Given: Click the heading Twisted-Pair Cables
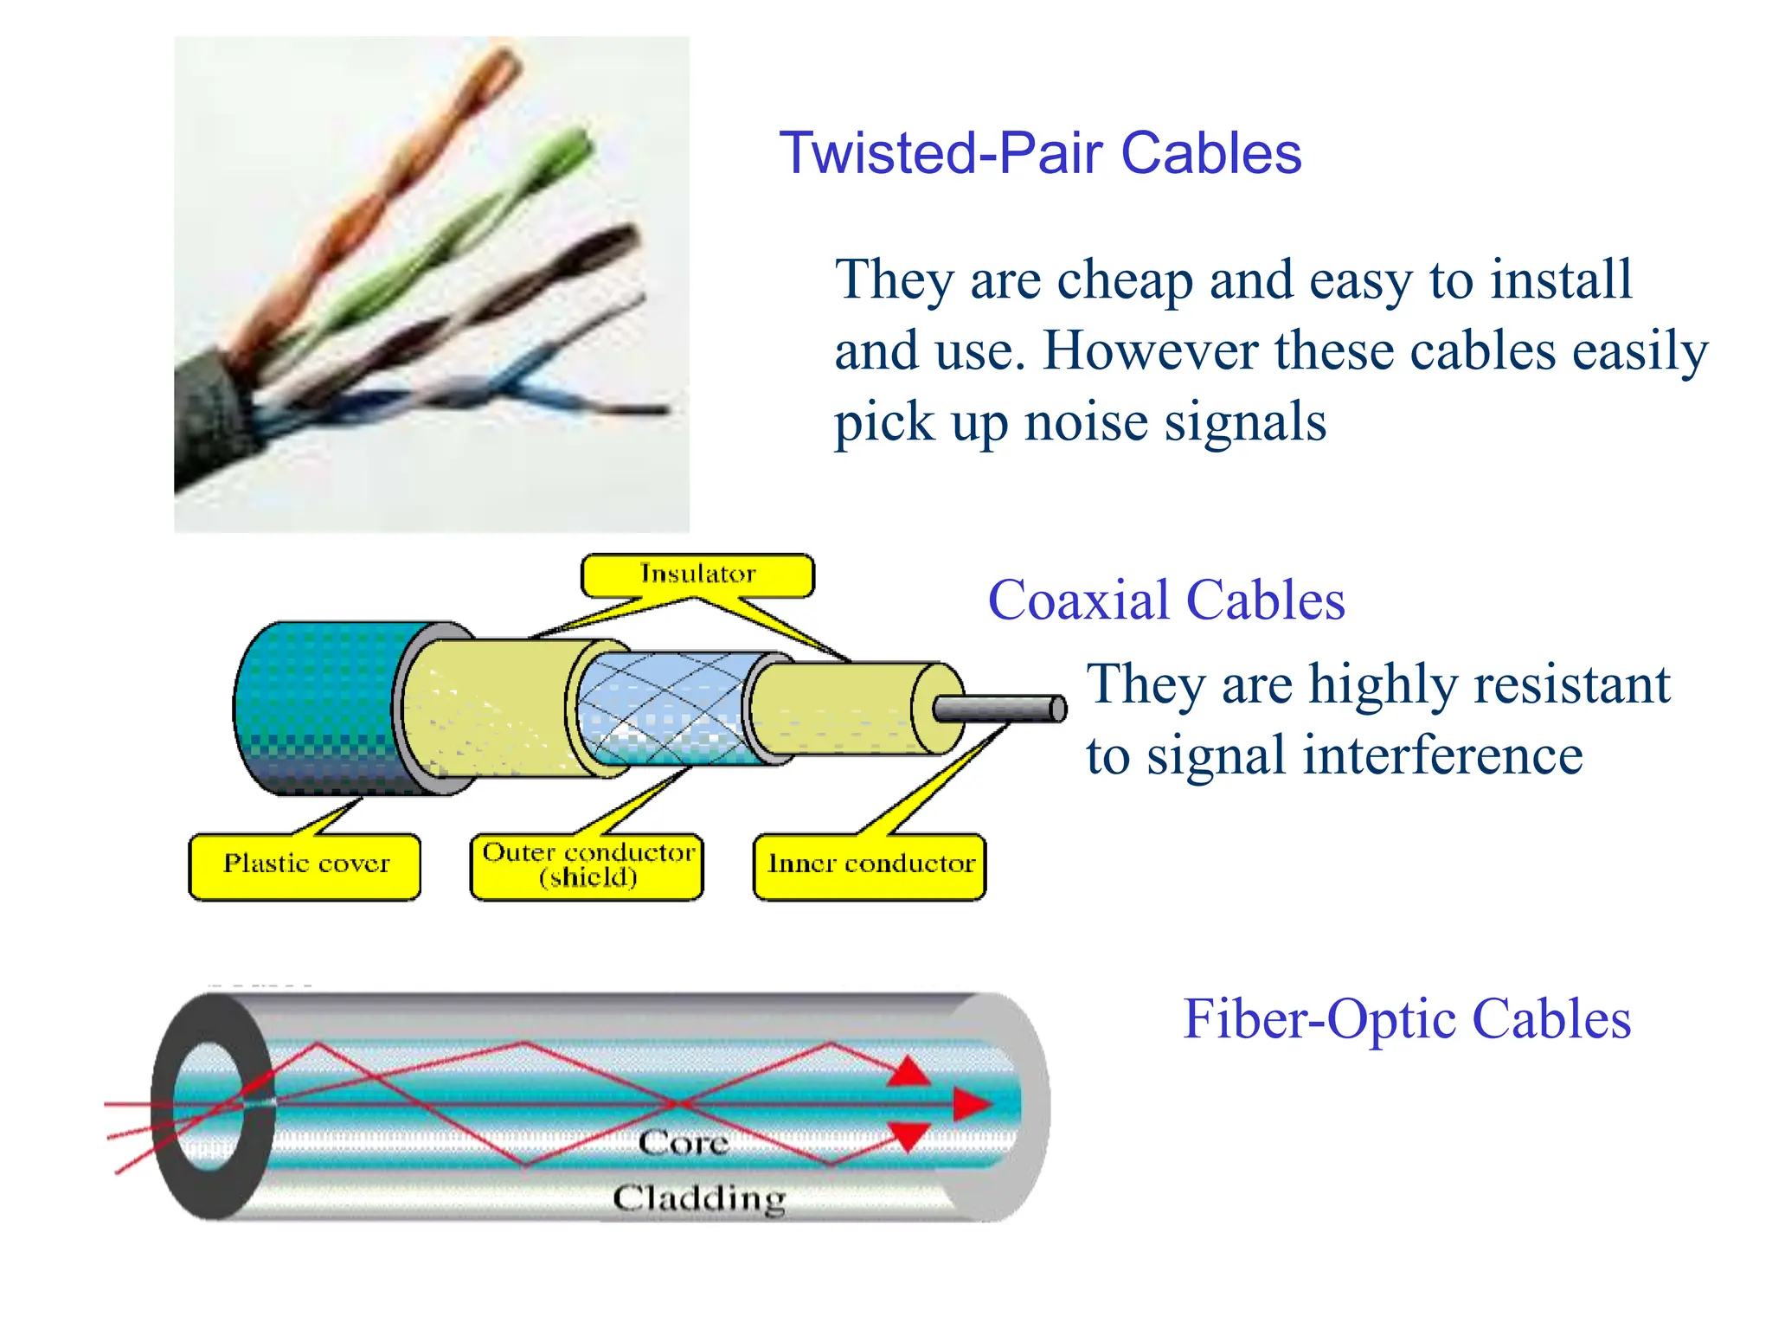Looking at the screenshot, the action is (x=1040, y=153).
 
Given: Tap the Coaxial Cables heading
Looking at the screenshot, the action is (x=1166, y=600).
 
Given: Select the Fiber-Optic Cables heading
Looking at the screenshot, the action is (x=1407, y=1019).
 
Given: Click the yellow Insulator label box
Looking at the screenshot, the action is (x=697, y=575).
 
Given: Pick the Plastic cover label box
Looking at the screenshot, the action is (x=305, y=867).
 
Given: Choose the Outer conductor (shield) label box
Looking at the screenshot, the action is (x=587, y=867).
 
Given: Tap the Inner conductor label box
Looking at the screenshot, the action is (x=870, y=867).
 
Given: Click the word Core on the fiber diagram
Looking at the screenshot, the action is (x=684, y=1143).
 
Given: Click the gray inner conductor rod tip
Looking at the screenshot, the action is (x=1057, y=709).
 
